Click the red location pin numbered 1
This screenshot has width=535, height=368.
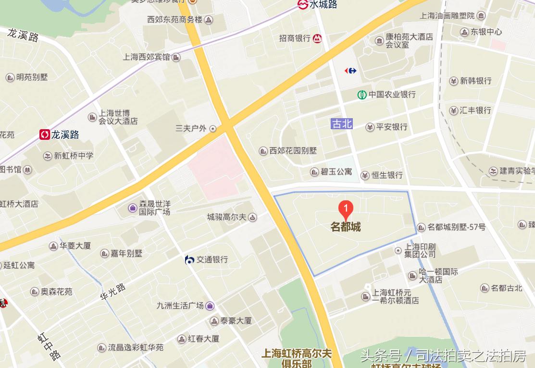(x=346, y=209)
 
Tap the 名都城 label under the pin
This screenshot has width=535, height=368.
(x=346, y=227)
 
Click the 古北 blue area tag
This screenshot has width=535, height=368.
(x=342, y=123)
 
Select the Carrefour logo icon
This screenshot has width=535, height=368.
(x=350, y=71)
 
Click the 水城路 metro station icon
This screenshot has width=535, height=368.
(x=303, y=4)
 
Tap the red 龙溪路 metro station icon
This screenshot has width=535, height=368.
(x=45, y=135)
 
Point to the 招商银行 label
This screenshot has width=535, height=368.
(x=295, y=38)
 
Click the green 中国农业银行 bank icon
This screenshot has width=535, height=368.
(x=362, y=95)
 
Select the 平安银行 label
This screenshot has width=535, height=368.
(x=392, y=127)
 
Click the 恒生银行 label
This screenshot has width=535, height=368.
(x=387, y=175)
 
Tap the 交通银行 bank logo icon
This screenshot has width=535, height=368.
(x=190, y=260)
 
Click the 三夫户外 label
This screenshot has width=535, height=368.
(x=191, y=128)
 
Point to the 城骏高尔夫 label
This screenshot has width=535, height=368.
(x=226, y=217)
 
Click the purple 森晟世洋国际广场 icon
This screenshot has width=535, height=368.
(x=132, y=208)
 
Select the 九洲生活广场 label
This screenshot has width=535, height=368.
(x=180, y=305)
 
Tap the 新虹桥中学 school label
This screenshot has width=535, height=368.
(x=74, y=156)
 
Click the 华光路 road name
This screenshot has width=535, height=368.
(x=113, y=292)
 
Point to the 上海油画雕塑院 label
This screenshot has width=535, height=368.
(x=447, y=15)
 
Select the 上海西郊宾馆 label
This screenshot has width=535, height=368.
(x=147, y=57)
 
